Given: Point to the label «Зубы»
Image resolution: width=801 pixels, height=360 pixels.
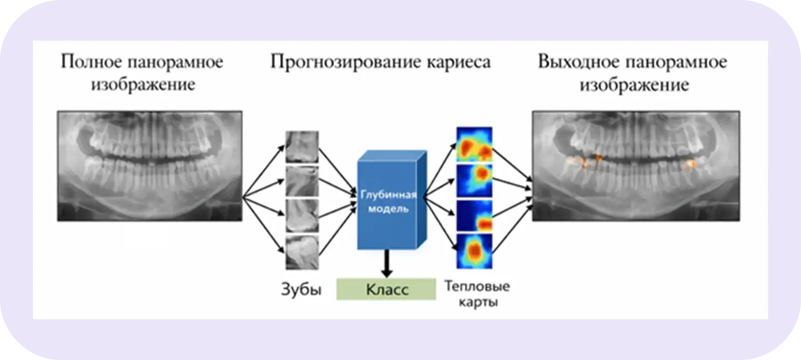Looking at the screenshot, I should click(301, 289).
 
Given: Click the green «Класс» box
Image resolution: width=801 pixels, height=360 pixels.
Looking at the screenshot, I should click(386, 289).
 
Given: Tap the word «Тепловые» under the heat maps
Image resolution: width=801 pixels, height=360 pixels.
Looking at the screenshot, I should click(477, 287).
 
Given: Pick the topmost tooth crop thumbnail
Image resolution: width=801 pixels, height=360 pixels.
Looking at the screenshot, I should click(302, 146).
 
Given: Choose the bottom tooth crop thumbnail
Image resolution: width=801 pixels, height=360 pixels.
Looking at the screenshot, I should click(302, 253).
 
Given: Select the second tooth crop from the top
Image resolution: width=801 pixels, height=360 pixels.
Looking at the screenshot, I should click(302, 181).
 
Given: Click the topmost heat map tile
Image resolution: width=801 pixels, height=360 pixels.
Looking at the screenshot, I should click(474, 144).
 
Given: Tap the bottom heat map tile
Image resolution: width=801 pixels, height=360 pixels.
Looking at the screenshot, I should click(474, 251).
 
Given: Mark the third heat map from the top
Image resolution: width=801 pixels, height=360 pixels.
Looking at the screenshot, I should click(474, 216).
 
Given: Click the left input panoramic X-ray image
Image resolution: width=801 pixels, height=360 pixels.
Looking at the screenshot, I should click(150, 166).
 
